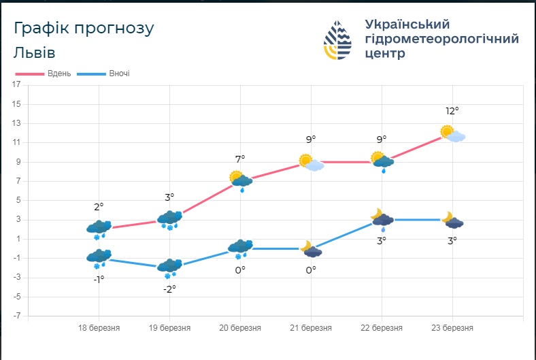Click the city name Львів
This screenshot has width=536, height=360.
[33, 53]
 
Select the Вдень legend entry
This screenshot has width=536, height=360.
[44, 73]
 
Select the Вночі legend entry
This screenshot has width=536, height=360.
[104, 73]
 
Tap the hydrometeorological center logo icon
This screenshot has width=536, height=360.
[338, 40]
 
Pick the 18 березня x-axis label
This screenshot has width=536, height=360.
[99, 328]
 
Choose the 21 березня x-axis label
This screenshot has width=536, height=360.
[311, 328]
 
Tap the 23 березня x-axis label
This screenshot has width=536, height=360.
[452, 328]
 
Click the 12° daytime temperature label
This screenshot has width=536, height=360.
[452, 111]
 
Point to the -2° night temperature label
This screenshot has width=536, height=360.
[169, 289]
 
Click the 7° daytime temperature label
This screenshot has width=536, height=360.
[240, 159]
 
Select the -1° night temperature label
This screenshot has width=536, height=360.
[99, 279]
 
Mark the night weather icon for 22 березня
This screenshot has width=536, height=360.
[382, 218]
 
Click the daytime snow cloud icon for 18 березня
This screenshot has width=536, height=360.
[99, 229]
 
